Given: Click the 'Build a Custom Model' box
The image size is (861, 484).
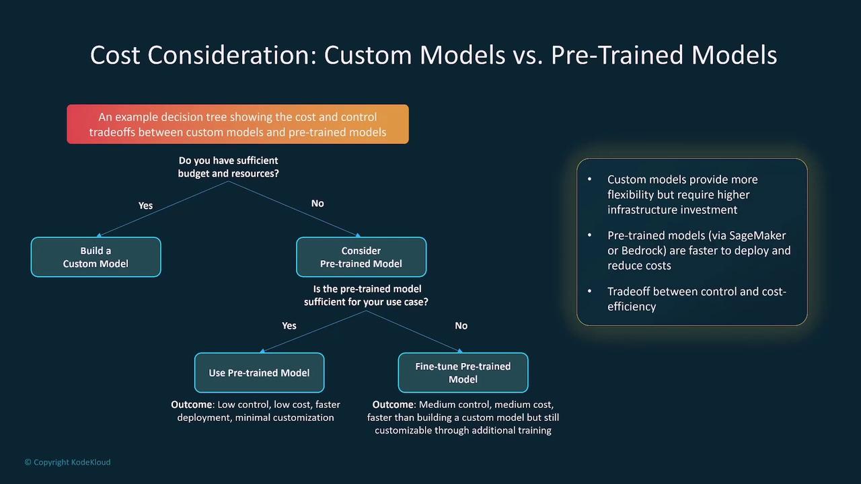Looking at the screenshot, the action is pos(96,257).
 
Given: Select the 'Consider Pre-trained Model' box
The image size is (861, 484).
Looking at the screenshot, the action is pos(361,257).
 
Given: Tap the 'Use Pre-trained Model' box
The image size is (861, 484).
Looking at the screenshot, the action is pos(260,372).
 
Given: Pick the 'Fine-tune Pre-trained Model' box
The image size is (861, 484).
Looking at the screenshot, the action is pos(463,372).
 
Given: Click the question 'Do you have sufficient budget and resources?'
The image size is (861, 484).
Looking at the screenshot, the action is pos(228,167).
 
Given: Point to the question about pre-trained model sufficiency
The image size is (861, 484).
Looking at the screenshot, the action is pos(366,295).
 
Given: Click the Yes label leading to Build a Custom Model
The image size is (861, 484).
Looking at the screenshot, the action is pos(146,206).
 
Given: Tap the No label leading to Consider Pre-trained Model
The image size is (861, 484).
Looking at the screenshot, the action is pos(317,203).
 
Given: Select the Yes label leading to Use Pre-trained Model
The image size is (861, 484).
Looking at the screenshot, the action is pos(289,326).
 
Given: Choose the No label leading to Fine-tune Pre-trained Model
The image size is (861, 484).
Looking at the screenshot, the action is pos(461,326).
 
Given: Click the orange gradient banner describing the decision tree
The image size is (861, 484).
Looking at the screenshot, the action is pos(237,124).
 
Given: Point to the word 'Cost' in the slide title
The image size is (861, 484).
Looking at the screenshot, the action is pos(115,55).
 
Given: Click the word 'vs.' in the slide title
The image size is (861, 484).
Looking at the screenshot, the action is pos(528,55).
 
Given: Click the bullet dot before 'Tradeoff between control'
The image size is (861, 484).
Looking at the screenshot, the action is pos(590,291).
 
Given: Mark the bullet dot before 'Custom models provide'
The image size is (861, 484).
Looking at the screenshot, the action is pos(590,179).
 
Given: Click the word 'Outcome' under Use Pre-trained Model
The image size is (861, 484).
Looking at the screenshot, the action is pos(192,405).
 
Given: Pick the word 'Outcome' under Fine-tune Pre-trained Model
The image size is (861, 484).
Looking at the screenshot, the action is pos(393,405).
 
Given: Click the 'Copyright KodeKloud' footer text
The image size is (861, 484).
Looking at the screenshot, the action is pos(68,462).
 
